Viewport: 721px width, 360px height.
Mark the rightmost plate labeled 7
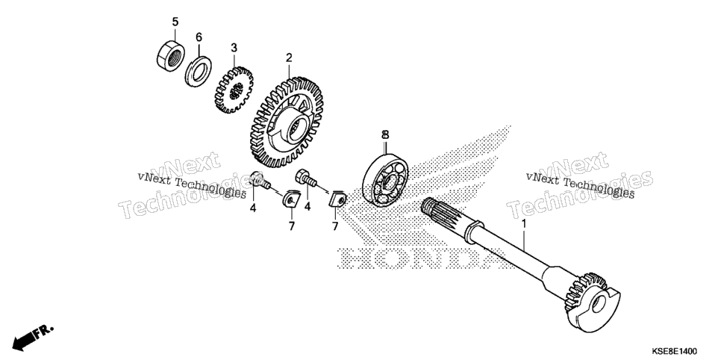coord(338,199)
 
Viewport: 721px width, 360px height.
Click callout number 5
coord(175,22)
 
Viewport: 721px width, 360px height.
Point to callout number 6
coord(199,37)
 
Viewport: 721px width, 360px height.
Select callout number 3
coord(234,47)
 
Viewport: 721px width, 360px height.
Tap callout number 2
coord(289,58)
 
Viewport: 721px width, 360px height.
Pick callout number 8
coord(385,135)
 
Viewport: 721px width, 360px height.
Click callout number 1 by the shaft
coord(523,224)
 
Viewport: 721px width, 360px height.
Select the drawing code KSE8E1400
coord(674,351)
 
